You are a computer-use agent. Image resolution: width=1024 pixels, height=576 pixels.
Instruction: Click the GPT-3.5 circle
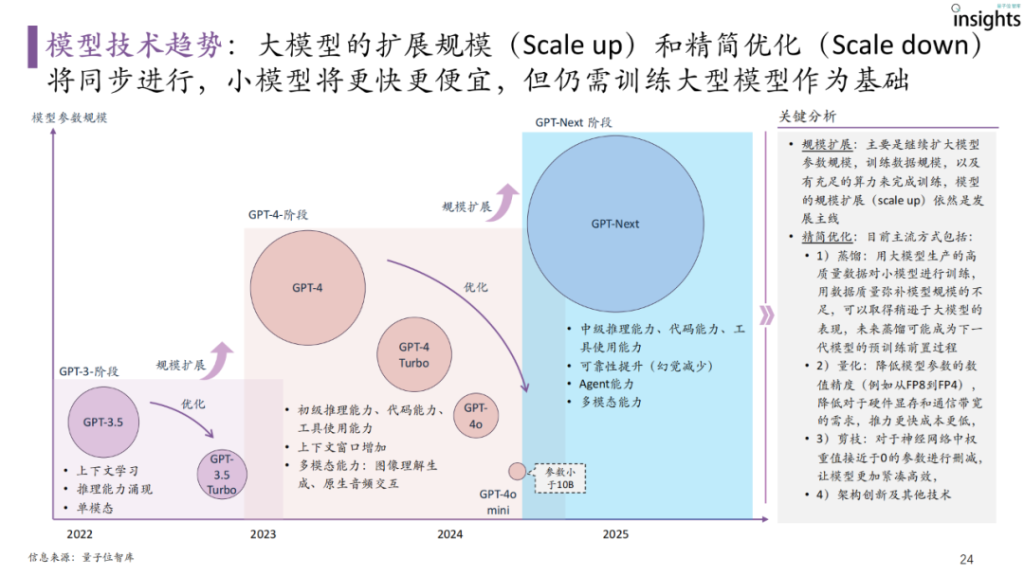(x=102, y=422)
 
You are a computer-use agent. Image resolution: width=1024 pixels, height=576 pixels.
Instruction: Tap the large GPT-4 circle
(x=307, y=286)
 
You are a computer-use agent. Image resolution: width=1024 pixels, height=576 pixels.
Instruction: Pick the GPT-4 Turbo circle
(x=413, y=355)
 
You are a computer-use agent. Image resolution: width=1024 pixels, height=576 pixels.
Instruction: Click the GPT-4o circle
(x=474, y=415)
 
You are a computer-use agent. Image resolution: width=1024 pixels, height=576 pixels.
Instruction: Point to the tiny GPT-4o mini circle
(x=517, y=471)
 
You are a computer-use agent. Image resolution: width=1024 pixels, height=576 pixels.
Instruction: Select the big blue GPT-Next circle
(x=614, y=224)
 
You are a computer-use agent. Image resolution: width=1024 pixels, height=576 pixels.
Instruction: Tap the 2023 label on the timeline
(x=264, y=534)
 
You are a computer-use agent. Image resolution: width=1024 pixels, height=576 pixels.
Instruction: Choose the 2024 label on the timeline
(x=450, y=534)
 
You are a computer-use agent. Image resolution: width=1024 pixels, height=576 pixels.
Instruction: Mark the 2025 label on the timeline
(x=614, y=534)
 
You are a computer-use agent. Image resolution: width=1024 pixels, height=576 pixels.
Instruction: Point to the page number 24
(x=966, y=559)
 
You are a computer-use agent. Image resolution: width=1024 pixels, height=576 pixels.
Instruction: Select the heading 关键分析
(x=808, y=117)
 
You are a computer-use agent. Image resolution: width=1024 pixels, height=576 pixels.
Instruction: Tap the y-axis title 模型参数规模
(x=69, y=117)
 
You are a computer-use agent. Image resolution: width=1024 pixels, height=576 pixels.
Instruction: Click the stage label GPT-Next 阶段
(x=573, y=122)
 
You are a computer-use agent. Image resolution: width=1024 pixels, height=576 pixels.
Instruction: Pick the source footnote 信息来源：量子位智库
(x=82, y=557)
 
